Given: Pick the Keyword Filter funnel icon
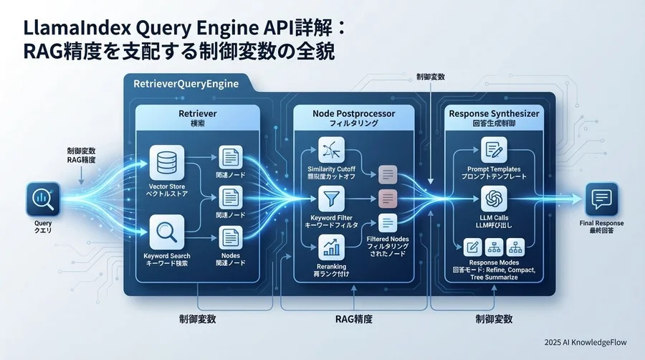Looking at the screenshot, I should pyautogui.click(x=330, y=198).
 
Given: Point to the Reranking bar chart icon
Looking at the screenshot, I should pyautogui.click(x=330, y=247).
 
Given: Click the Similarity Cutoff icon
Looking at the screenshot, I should pyautogui.click(x=330, y=151).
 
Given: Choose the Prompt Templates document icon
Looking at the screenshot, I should pyautogui.click(x=494, y=150).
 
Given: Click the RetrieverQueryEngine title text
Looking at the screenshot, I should pyautogui.click(x=186, y=85).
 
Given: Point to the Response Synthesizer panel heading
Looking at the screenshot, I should pyautogui.click(x=495, y=114).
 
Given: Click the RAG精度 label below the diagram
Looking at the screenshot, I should pyautogui.click(x=353, y=317).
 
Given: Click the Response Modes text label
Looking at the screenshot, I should pyautogui.click(x=494, y=264).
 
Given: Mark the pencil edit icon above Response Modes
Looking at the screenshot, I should pyautogui.click(x=472, y=247).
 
